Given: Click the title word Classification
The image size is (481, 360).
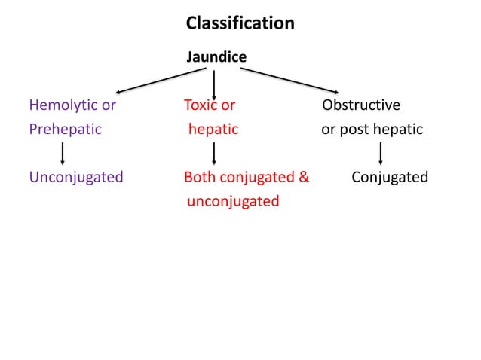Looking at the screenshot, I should pyautogui.click(x=240, y=23).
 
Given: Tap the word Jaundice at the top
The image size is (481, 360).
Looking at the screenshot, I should pyautogui.click(x=216, y=57).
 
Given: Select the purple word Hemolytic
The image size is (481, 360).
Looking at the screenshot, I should pyautogui.click(x=63, y=105).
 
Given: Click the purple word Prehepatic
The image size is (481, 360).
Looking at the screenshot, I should pyautogui.click(x=65, y=129).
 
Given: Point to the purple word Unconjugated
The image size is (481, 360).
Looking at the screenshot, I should pyautogui.click(x=76, y=178).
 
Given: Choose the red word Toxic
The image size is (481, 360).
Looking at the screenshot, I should pyautogui.click(x=201, y=105).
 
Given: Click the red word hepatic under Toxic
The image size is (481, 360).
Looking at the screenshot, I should pyautogui.click(x=213, y=129).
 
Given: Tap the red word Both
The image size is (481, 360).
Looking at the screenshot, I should pyautogui.click(x=200, y=178).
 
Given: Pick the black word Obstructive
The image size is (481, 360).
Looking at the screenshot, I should pyautogui.click(x=361, y=105).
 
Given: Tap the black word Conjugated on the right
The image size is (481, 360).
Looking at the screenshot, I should pyautogui.click(x=390, y=178).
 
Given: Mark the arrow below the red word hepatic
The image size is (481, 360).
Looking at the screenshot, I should pyautogui.click(x=215, y=153).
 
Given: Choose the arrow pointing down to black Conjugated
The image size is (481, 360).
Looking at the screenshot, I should pyautogui.click(x=381, y=153).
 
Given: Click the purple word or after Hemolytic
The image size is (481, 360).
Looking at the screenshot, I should pyautogui.click(x=109, y=105).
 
